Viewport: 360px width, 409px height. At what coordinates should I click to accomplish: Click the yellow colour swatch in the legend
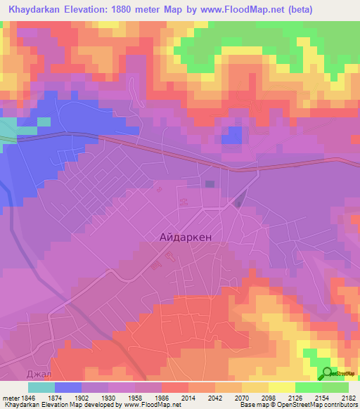point(282,387)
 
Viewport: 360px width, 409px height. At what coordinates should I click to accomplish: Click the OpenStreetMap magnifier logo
point(327,373)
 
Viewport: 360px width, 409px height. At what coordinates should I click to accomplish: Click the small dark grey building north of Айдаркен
point(210,184)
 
